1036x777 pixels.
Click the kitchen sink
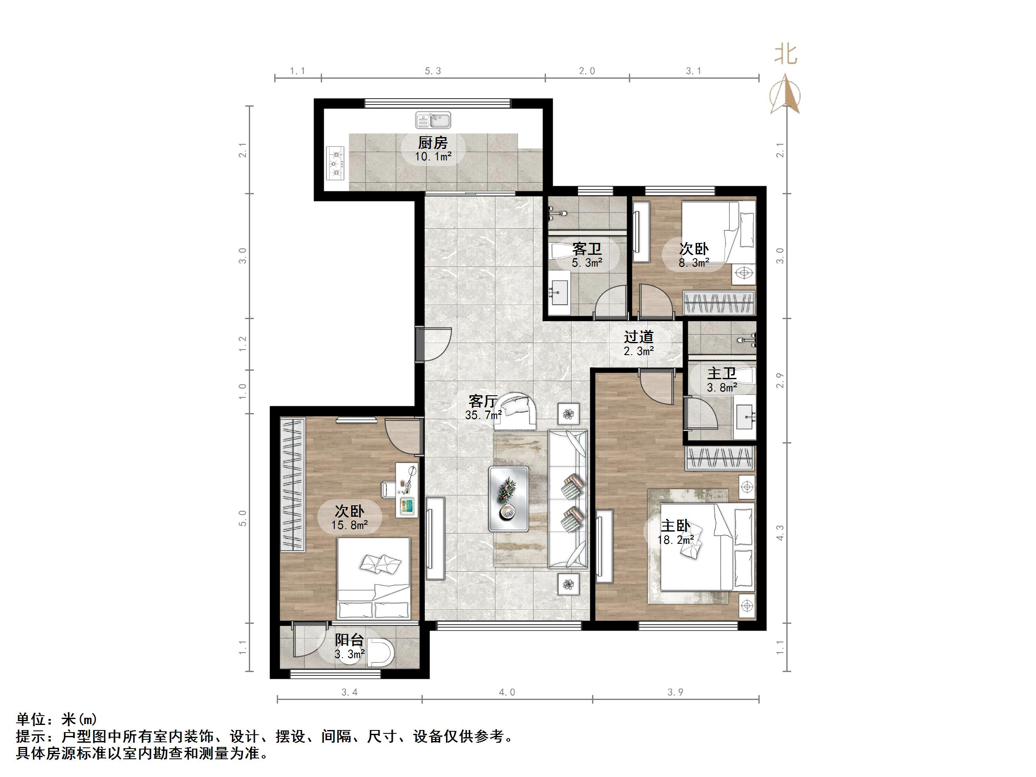pyautogui.click(x=433, y=120)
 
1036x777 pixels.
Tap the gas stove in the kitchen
pyautogui.click(x=335, y=163)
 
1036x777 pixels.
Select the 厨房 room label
pyautogui.click(x=433, y=142)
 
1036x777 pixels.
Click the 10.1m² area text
pyautogui.click(x=433, y=157)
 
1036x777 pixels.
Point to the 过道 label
pyautogui.click(x=638, y=337)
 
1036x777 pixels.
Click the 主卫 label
pyautogui.click(x=721, y=373)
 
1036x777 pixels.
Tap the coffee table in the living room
pyautogui.click(x=509, y=499)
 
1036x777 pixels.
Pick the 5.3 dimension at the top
pyautogui.click(x=433, y=71)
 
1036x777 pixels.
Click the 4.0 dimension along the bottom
pyautogui.click(x=507, y=692)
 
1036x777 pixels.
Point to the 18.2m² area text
pyautogui.click(x=675, y=540)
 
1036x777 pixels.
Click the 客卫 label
pyautogui.click(x=587, y=248)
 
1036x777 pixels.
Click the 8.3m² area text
pyautogui.click(x=694, y=263)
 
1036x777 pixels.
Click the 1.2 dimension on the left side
pyautogui.click(x=242, y=344)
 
